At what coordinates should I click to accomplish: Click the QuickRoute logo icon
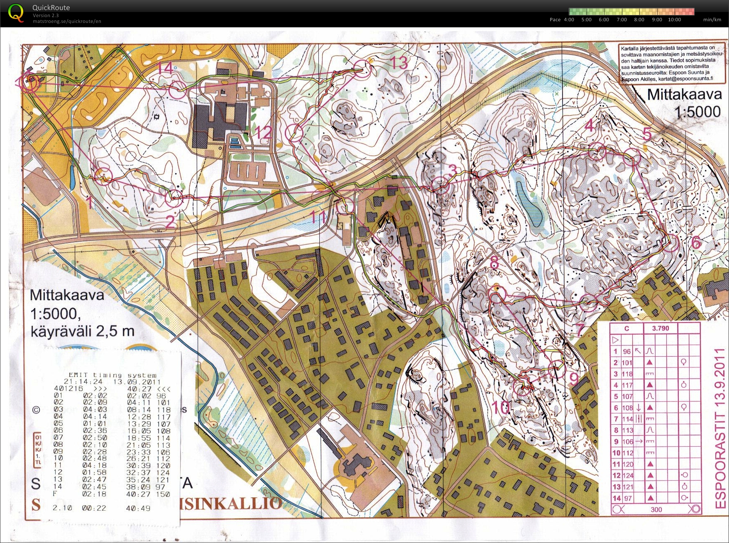(16, 13)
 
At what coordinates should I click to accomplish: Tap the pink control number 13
(399, 63)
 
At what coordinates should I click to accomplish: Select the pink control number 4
(589, 125)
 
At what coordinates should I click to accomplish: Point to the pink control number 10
(501, 407)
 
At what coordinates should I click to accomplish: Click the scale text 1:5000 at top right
(697, 112)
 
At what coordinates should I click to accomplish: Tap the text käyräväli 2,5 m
(83, 331)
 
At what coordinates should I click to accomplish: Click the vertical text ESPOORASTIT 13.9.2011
(720, 428)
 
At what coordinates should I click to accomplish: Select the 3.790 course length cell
(660, 328)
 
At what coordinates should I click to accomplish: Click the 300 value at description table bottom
(656, 509)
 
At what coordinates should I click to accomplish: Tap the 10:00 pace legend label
(674, 20)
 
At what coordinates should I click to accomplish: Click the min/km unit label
(712, 20)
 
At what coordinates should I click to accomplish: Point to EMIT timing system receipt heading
(113, 375)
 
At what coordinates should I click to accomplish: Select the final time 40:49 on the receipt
(138, 508)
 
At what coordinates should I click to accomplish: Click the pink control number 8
(494, 262)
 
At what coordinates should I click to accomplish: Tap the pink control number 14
(165, 68)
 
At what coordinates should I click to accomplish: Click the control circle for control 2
(174, 198)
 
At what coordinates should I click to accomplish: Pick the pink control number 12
(263, 133)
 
